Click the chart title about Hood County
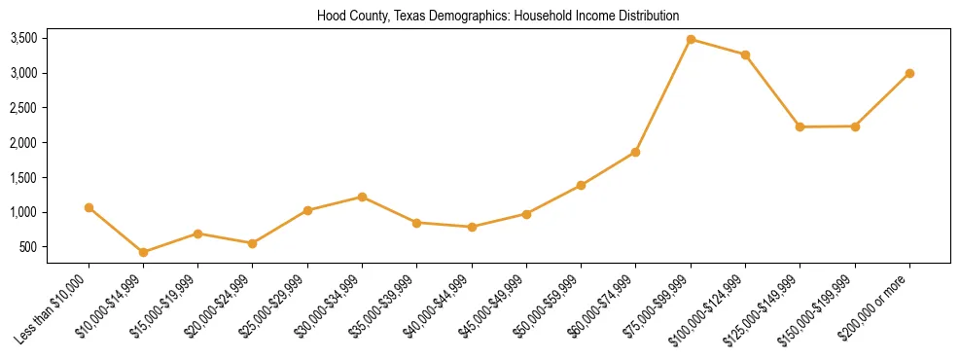tap(498, 16)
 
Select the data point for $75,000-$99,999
tap(691, 40)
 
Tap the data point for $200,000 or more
tap(909, 73)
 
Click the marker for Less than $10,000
tap(89, 207)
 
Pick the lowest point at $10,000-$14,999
tap(144, 252)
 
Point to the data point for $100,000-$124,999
tap(745, 54)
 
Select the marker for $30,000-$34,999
tap(362, 197)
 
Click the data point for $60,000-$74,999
tap(635, 152)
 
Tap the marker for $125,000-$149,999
tap(800, 126)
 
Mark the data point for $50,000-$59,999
tap(581, 185)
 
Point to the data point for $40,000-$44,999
tap(472, 227)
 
